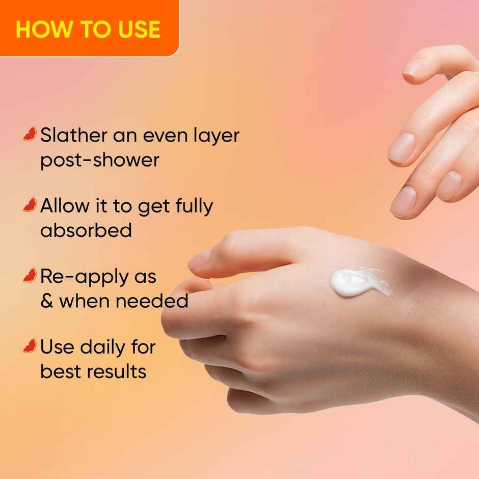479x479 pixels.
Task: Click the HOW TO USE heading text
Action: point(88,29)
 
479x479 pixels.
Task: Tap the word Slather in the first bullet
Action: point(73,136)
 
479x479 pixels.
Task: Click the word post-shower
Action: point(100,160)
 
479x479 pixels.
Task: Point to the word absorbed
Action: point(86,230)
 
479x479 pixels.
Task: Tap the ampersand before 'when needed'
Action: point(46,301)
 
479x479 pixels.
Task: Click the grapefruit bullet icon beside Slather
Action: point(30,134)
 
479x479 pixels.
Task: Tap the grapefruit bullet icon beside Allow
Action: point(30,205)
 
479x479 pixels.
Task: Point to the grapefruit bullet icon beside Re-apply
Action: point(30,276)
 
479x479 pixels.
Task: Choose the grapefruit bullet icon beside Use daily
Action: point(30,346)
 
